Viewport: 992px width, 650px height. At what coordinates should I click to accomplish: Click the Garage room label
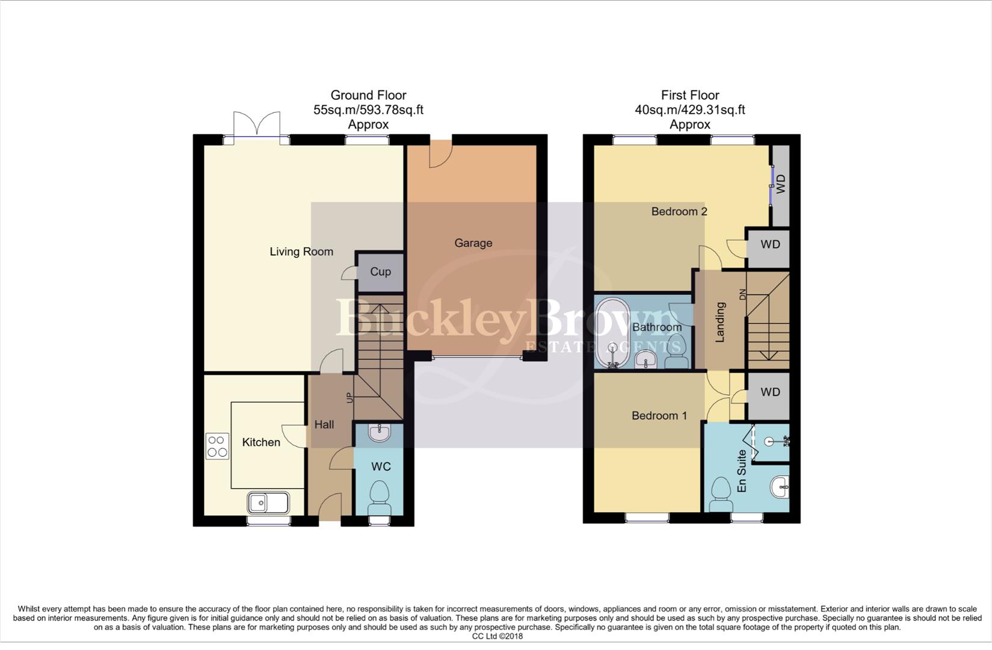point(473,243)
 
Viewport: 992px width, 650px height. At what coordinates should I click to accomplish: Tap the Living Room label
point(301,252)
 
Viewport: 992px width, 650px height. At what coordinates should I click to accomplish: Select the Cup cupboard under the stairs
point(380,272)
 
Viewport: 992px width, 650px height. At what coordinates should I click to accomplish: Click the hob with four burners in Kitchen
point(217,447)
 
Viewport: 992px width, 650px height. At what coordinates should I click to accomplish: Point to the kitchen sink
point(268,503)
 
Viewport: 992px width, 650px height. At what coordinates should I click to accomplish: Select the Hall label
point(324,425)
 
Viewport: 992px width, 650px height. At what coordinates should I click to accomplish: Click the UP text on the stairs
point(349,397)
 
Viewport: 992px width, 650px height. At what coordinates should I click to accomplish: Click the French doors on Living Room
point(257,125)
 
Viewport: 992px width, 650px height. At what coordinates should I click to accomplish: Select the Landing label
point(719,323)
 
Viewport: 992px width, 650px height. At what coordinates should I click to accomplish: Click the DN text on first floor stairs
point(742,295)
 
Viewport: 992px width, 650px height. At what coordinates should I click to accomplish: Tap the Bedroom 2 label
point(679,211)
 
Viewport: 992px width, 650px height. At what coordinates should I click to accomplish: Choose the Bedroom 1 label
point(659,416)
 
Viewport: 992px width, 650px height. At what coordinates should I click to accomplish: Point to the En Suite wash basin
point(780,485)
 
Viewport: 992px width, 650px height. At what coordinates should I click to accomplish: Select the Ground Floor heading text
point(368,95)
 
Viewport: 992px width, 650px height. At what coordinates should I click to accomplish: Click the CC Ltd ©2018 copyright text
point(497,636)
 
